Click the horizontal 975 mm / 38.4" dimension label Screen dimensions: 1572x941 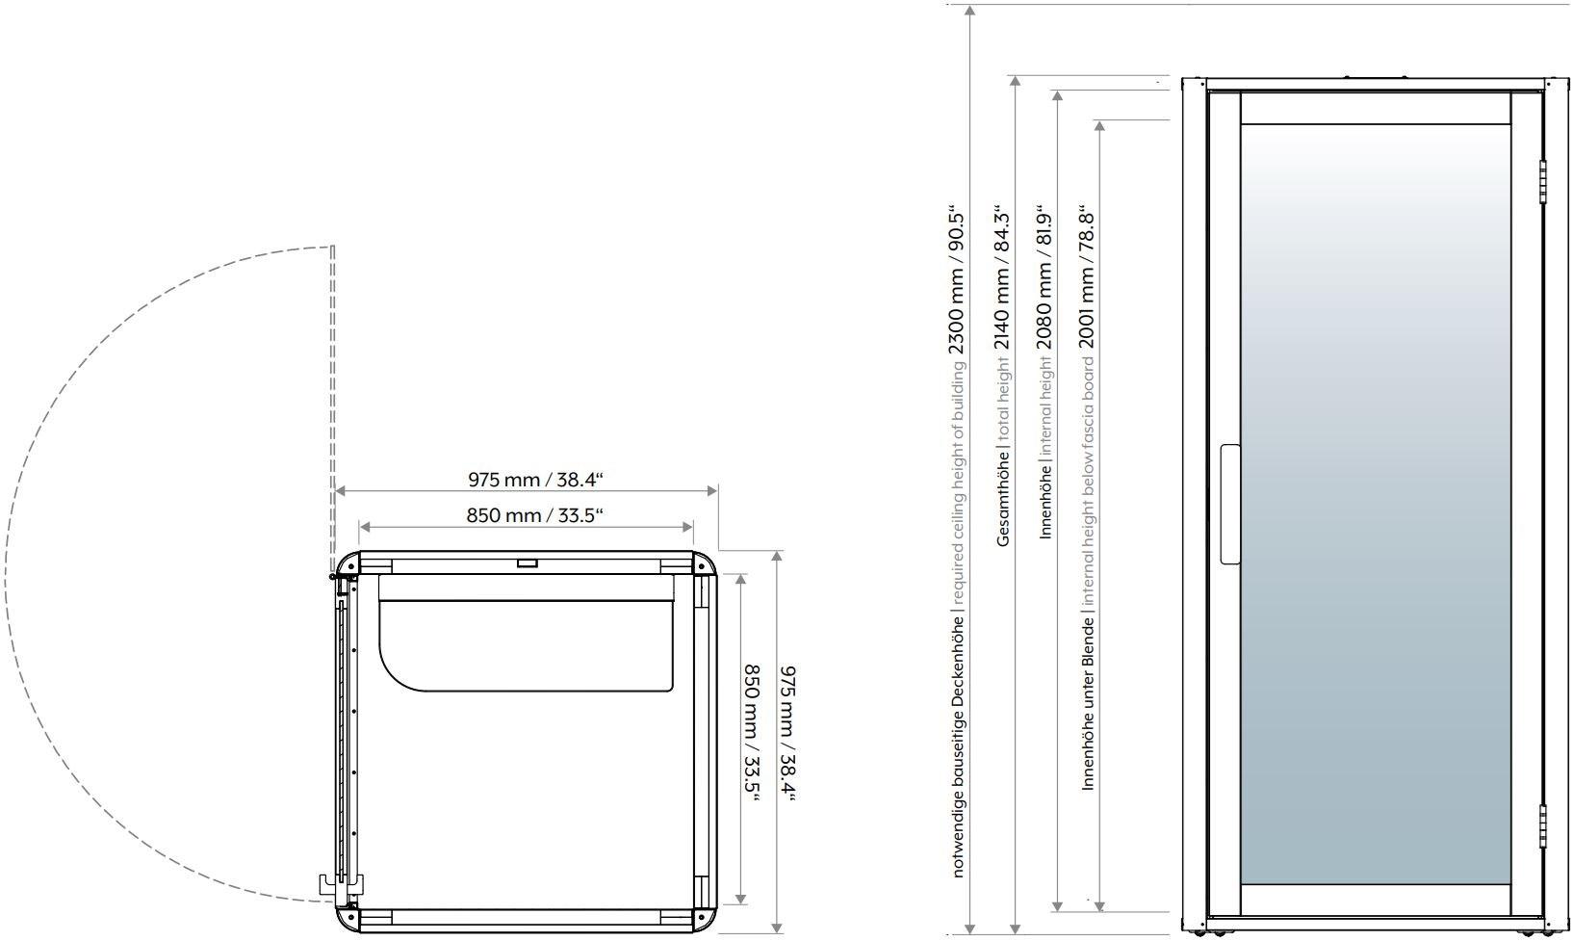[535, 480]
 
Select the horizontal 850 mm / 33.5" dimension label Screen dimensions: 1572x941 [535, 515]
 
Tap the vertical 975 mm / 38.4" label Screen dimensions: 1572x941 [788, 733]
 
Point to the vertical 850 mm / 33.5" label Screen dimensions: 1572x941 [752, 732]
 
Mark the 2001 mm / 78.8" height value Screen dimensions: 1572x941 [1087, 276]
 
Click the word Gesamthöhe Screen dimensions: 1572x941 [1002, 499]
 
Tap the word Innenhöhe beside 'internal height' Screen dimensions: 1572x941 [1044, 502]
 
